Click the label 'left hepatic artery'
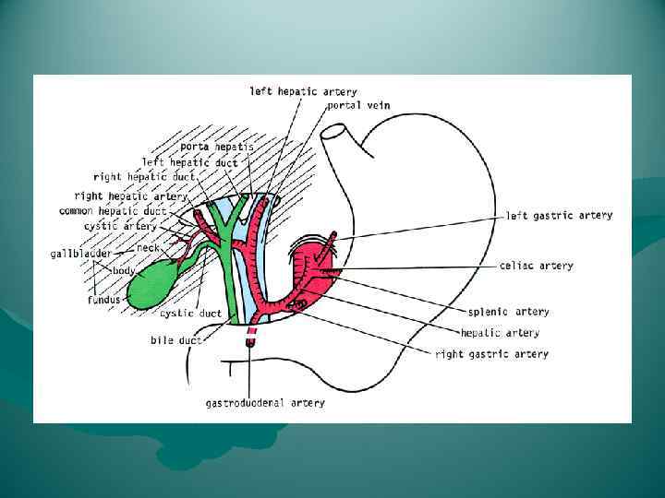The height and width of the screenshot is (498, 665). tap(303, 92)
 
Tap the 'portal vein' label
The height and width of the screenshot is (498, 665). tap(358, 106)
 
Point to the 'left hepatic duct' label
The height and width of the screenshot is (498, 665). tap(189, 162)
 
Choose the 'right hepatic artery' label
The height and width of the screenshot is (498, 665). tap(130, 196)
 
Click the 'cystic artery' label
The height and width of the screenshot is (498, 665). tap(120, 226)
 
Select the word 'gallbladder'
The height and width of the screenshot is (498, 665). tap(80, 253)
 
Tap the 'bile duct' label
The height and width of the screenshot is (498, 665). tap(175, 340)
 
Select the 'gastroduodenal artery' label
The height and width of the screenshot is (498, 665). tap(265, 403)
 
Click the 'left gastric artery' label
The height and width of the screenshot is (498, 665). tap(559, 216)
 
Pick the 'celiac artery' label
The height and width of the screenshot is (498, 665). tap(536, 267)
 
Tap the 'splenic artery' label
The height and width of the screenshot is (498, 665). tap(507, 312)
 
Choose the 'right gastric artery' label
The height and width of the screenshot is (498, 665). tap(491, 354)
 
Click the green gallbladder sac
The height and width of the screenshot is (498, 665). tap(152, 285)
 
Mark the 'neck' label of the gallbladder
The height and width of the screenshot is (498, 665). tap(148, 248)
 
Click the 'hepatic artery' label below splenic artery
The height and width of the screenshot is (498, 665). tap(500, 333)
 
